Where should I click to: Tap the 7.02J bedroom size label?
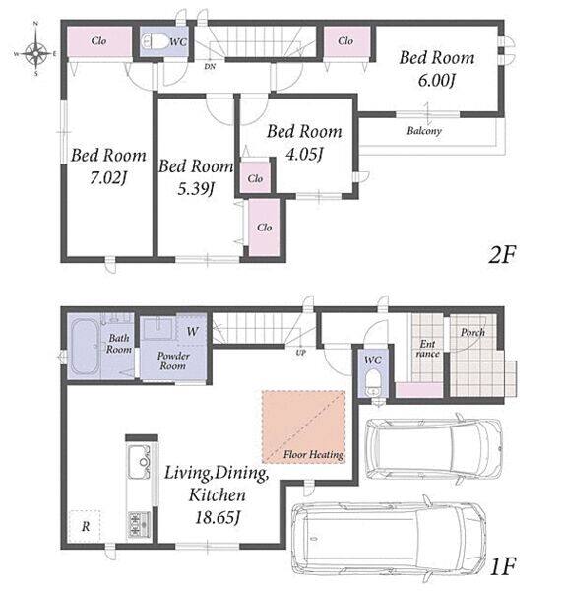108,178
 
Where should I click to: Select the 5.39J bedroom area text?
196,189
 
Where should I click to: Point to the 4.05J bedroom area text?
304,154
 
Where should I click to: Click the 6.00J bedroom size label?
437,81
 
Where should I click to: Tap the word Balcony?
424,131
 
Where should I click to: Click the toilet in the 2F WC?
156,41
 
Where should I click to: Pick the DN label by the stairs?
210,66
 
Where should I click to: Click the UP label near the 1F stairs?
300,353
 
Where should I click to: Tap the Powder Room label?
173,361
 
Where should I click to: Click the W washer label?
193,331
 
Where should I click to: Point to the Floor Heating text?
313,454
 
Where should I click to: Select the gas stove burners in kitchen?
139,524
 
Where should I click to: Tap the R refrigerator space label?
86,526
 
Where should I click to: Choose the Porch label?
472,333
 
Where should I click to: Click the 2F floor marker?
502,255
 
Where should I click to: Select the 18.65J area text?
218,517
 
